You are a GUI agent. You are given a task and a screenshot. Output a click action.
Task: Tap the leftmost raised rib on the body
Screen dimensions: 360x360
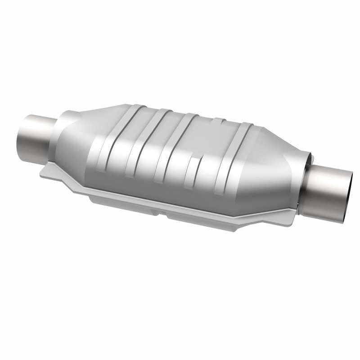tap(108, 144)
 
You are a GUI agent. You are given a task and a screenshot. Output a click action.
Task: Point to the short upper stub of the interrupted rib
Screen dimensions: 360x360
tap(218, 124)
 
